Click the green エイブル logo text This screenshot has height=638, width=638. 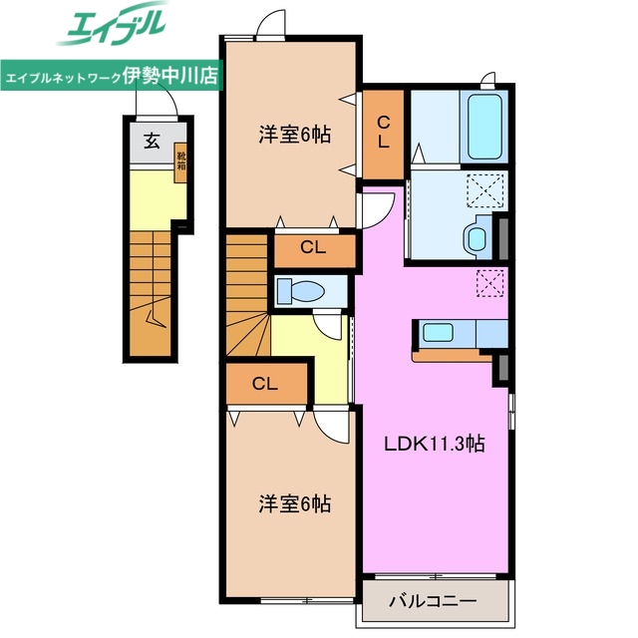point(112,28)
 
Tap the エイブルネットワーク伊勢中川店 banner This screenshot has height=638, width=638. point(112,76)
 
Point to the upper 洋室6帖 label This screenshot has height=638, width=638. point(290,136)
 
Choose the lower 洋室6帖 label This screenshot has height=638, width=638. point(290,504)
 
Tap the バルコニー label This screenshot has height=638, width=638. point(433,601)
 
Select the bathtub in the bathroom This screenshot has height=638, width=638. point(484,127)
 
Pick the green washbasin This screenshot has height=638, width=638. point(476,237)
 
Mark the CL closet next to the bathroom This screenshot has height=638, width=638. point(384,132)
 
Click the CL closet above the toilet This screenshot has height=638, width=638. point(313,250)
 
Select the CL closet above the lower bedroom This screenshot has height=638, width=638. point(263,383)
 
